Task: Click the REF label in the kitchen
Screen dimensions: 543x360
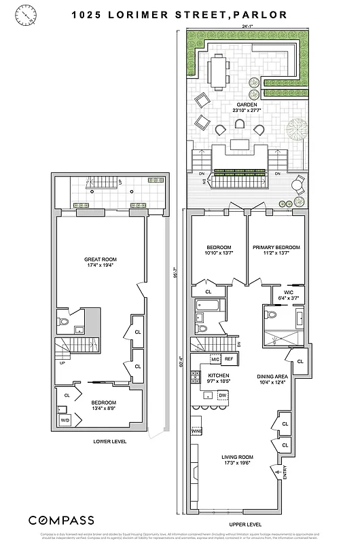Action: pyautogui.click(x=229, y=359)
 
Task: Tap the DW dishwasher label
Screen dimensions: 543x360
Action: pyautogui.click(x=222, y=394)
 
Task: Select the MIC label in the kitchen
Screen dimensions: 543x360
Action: pyautogui.click(x=215, y=359)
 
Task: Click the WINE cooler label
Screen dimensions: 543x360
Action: pyautogui.click(x=197, y=431)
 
